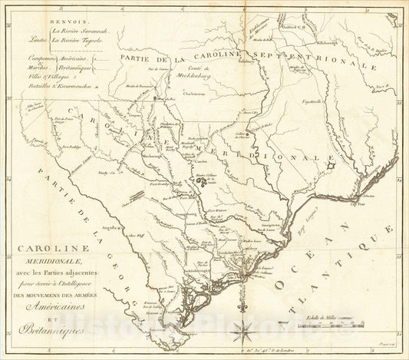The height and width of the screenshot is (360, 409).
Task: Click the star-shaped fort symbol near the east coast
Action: click(330, 165)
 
